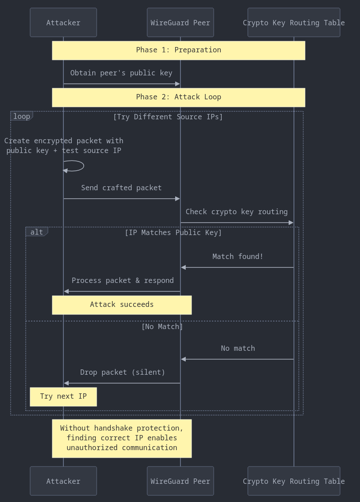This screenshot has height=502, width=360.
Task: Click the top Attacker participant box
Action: (63, 23)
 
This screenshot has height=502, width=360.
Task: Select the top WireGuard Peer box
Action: (180, 23)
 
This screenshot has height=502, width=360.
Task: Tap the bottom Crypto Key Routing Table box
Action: (294, 481)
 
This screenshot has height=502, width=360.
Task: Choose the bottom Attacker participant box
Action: (63, 481)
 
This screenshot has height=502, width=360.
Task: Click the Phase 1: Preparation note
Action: (179, 50)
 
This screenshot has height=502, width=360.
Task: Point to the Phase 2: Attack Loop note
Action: (179, 97)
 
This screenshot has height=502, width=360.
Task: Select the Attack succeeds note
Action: (122, 305)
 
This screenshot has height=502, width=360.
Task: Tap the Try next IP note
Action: (63, 396)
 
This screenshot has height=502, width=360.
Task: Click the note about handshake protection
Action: (122, 438)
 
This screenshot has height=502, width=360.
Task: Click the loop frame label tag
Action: (22, 116)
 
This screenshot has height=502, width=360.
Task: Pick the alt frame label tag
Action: (37, 232)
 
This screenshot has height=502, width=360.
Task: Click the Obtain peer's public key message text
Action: (121, 73)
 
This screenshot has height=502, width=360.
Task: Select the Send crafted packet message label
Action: (121, 188)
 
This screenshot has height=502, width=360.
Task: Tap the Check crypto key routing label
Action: (237, 212)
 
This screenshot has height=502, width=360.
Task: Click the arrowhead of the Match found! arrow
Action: (184, 267)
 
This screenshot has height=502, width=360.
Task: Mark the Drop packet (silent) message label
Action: (122, 372)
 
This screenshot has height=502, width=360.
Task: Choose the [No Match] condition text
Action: (162, 326)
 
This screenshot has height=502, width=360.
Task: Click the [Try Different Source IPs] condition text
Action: (168, 117)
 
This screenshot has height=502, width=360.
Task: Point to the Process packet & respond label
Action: (122, 280)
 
